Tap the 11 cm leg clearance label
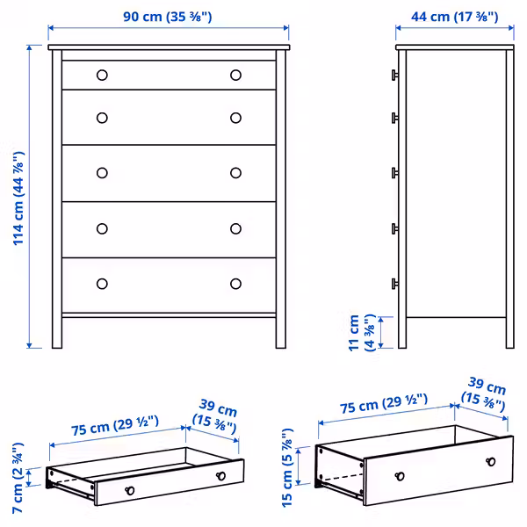tap(362, 332)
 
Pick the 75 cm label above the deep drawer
tap(384, 406)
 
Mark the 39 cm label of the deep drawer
tap(485, 394)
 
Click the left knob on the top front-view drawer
tap(102, 75)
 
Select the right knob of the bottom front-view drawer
tap(235, 283)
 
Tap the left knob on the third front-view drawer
tap(102, 172)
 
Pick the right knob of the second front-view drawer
tap(235, 118)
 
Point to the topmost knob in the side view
tap(395, 75)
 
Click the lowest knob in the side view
tap(395, 283)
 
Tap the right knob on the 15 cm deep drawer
tap(487, 462)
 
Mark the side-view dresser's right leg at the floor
tap(509, 338)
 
